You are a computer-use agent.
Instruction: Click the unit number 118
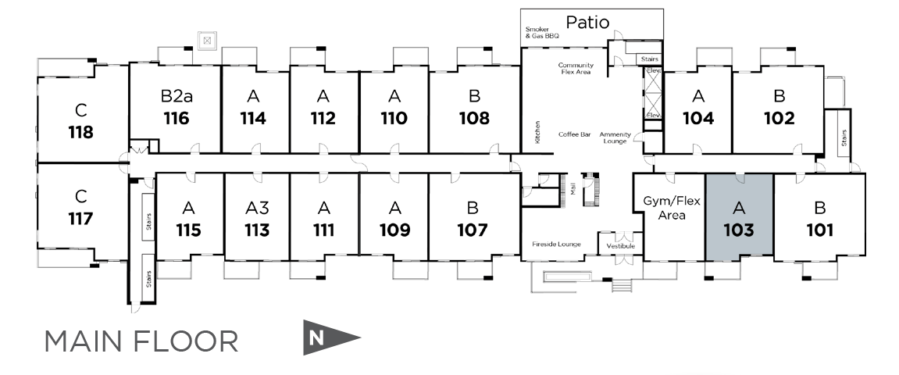80,131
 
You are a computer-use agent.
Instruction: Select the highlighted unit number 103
738,230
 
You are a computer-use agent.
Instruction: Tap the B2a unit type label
177,97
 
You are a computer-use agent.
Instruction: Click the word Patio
587,22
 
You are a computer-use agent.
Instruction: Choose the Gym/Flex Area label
672,208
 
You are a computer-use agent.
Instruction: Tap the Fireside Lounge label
556,245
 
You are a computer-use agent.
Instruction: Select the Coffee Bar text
574,134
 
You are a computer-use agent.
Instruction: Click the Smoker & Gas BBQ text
542,33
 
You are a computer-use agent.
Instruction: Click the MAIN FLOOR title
141,341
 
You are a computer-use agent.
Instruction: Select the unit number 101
820,230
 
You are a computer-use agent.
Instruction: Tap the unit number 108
474,119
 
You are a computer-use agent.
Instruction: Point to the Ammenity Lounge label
615,137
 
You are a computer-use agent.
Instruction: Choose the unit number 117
80,218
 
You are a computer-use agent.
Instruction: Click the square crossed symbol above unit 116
207,39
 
